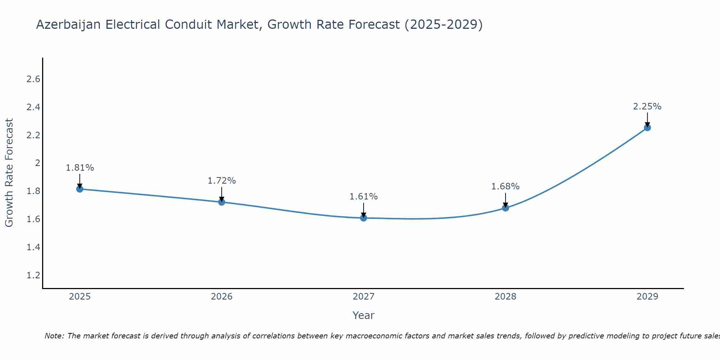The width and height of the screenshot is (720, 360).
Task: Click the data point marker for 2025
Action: (x=80, y=189)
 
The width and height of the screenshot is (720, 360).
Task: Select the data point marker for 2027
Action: (x=364, y=218)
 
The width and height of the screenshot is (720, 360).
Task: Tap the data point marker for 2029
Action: (x=647, y=127)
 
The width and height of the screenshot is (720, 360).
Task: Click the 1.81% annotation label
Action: (x=80, y=168)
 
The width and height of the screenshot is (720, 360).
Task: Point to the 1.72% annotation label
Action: (x=222, y=181)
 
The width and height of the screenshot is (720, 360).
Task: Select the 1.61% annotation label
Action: (x=364, y=197)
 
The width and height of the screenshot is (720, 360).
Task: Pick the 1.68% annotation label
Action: (x=505, y=186)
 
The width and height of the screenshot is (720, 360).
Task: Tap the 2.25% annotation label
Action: (x=647, y=107)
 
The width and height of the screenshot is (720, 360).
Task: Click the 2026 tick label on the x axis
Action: (x=222, y=297)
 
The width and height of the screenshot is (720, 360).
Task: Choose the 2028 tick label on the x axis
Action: (x=505, y=297)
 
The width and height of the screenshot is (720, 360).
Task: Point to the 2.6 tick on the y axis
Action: (x=33, y=79)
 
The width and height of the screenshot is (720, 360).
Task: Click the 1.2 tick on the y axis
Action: (x=33, y=275)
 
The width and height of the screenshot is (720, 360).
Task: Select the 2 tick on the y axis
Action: (x=37, y=163)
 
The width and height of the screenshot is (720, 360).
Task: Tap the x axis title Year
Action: (x=364, y=315)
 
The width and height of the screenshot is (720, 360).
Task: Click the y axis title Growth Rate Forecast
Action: (x=9, y=173)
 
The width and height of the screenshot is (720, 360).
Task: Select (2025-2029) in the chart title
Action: (x=444, y=25)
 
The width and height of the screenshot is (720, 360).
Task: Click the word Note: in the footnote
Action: (x=54, y=336)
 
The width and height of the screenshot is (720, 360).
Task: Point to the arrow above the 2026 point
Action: (x=222, y=193)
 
